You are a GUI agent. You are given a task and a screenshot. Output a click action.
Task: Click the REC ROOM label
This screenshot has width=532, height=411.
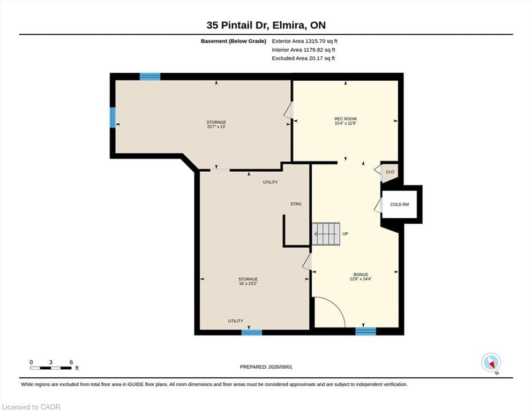(x=346, y=119)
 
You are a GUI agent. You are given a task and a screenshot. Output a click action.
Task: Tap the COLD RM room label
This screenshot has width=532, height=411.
(x=399, y=204)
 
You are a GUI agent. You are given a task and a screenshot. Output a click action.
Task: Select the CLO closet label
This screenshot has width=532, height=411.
(x=390, y=172)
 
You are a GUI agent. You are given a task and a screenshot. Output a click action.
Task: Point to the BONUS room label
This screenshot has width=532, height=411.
(x=361, y=275)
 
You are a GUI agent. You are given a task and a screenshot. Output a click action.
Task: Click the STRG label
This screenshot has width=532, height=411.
(x=296, y=204)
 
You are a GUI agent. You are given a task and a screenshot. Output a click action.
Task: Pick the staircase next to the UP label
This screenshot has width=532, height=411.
(x=326, y=234)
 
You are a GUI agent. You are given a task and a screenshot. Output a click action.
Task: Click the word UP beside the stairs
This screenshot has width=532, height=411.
(x=345, y=234)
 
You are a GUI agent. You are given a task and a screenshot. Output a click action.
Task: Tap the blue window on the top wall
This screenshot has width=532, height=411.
(x=150, y=77)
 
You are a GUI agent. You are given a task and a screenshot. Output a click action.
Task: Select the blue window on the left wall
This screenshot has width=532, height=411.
(x=113, y=118)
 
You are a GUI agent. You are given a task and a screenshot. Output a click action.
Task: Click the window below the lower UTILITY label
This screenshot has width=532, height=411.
(x=252, y=332)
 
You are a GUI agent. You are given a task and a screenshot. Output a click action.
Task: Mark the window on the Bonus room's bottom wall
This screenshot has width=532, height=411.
(x=366, y=331)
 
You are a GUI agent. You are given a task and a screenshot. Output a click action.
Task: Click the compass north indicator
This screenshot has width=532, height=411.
(x=491, y=363)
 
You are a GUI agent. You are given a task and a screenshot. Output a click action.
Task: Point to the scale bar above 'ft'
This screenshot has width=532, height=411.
(x=51, y=368)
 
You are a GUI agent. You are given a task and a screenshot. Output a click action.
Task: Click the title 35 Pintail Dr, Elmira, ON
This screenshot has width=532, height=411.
(x=266, y=25)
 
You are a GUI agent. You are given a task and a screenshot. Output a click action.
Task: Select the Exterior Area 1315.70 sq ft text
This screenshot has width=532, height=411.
(x=305, y=41)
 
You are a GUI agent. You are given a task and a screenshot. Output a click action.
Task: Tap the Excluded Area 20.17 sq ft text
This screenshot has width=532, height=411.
(x=303, y=58)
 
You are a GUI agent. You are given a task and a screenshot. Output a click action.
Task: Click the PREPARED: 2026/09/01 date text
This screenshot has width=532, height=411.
(x=266, y=367)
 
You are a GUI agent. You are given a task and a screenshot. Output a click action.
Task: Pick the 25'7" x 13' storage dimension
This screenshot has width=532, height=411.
(x=216, y=127)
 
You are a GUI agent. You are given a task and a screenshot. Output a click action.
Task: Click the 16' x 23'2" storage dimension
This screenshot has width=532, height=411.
(x=248, y=284)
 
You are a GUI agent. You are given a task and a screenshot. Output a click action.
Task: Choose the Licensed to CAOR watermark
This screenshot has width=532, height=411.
(x=31, y=407)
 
